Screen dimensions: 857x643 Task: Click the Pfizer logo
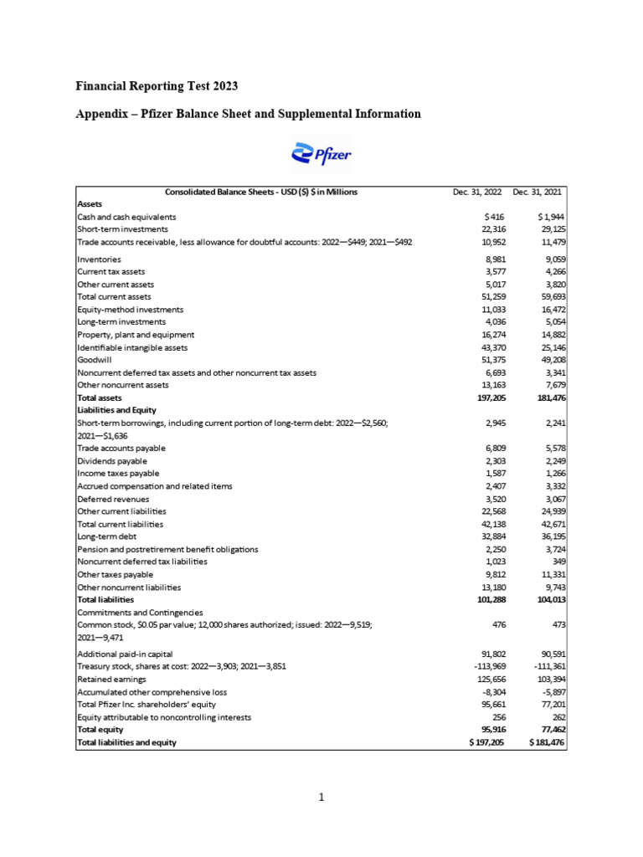point(321,154)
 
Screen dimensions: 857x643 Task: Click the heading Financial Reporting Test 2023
point(157,86)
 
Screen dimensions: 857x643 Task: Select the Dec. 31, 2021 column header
point(538,192)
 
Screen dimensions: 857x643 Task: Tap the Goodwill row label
point(95,360)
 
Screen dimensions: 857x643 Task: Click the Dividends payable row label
point(112,461)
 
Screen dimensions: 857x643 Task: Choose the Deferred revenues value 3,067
point(551,499)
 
